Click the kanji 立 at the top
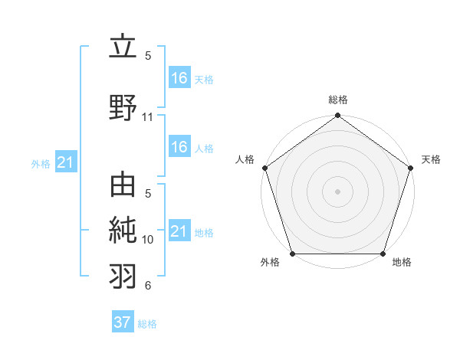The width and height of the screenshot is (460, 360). click(123, 47)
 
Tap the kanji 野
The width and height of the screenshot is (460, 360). click(123, 107)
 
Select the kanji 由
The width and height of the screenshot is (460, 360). click(123, 185)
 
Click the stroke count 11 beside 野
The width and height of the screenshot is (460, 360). click(148, 117)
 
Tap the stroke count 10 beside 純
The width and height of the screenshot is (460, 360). click(148, 240)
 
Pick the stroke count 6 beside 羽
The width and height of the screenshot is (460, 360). click(148, 286)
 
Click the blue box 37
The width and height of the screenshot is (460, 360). click(123, 322)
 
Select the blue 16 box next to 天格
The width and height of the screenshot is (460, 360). click(179, 77)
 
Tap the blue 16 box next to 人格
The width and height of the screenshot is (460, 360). click(179, 147)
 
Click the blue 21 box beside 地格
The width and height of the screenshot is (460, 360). click(179, 231)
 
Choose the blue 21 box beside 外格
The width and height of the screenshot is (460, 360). click(65, 162)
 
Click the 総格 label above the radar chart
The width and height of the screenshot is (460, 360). click(337, 100)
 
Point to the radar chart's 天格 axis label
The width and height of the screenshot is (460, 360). click(431, 159)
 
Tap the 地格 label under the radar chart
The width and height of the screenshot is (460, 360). click(402, 263)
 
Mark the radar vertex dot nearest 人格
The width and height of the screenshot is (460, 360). click(264, 167)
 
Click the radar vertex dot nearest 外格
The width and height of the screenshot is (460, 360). click(292, 254)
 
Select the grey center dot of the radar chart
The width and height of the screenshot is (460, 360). click(337, 191)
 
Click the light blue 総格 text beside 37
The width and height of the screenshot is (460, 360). click(147, 324)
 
